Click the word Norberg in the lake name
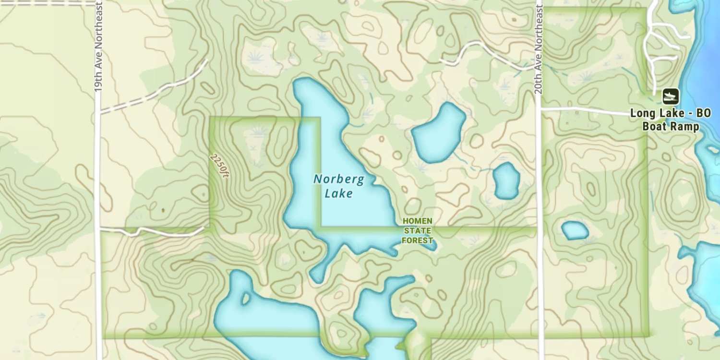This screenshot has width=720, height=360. coord(338,180)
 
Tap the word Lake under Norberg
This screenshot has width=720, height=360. coord(338,193)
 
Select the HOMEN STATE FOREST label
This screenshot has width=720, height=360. coord(417,230)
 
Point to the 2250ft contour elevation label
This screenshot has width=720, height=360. coord(220,166)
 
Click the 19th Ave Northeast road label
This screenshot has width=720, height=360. coord(98,46)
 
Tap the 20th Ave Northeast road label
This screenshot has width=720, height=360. coord(539,46)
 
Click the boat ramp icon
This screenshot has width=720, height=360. coord(671,96)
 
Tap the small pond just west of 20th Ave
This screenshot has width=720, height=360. coord(506,181)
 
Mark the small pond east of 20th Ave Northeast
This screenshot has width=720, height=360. coord(575,230)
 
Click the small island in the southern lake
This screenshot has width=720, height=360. coord(246,299)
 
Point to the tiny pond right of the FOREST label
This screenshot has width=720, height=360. coord(433,246)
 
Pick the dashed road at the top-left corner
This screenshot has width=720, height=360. coord(48,2)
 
